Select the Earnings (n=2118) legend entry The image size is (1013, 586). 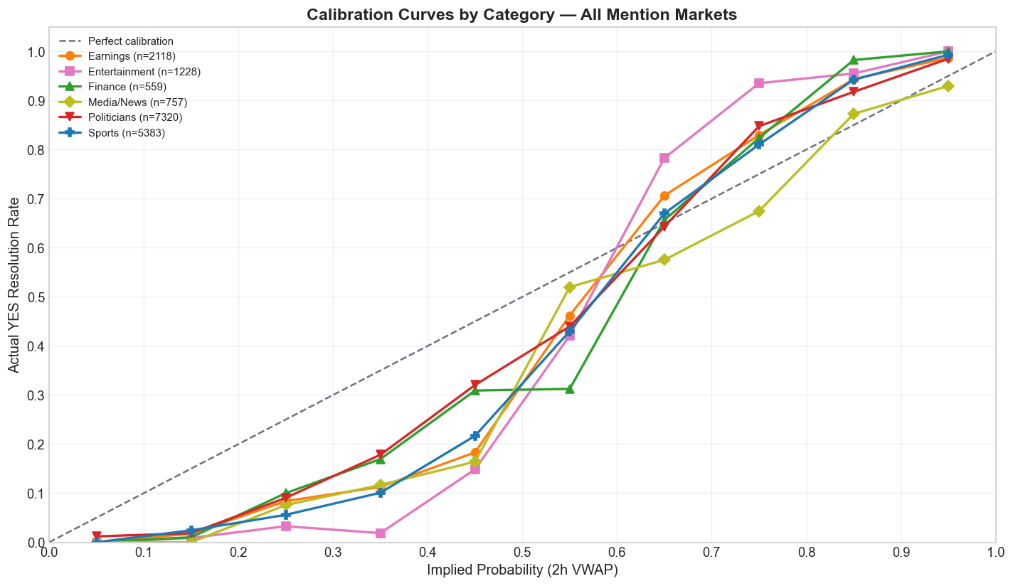click(131, 56)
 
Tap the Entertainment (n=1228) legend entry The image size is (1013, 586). click(143, 72)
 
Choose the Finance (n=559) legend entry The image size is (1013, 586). click(127, 87)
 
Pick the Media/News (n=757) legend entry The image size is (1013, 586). click(137, 102)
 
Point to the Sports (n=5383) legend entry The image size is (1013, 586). click(126, 133)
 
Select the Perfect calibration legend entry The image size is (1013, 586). click(130, 41)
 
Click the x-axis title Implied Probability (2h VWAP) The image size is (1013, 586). click(522, 570)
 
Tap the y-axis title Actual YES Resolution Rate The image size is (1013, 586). click(14, 284)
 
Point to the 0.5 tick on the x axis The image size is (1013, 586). click(522, 553)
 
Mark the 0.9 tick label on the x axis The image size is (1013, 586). click(901, 553)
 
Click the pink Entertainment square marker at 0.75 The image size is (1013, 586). click(759, 83)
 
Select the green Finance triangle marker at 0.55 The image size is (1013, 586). click(570, 389)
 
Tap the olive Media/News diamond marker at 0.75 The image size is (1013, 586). click(759, 211)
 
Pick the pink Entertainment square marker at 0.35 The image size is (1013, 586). click(381, 533)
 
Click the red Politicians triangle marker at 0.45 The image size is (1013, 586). click(475, 385)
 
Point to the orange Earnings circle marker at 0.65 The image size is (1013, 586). click(664, 196)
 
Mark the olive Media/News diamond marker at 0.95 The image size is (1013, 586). click(948, 86)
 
